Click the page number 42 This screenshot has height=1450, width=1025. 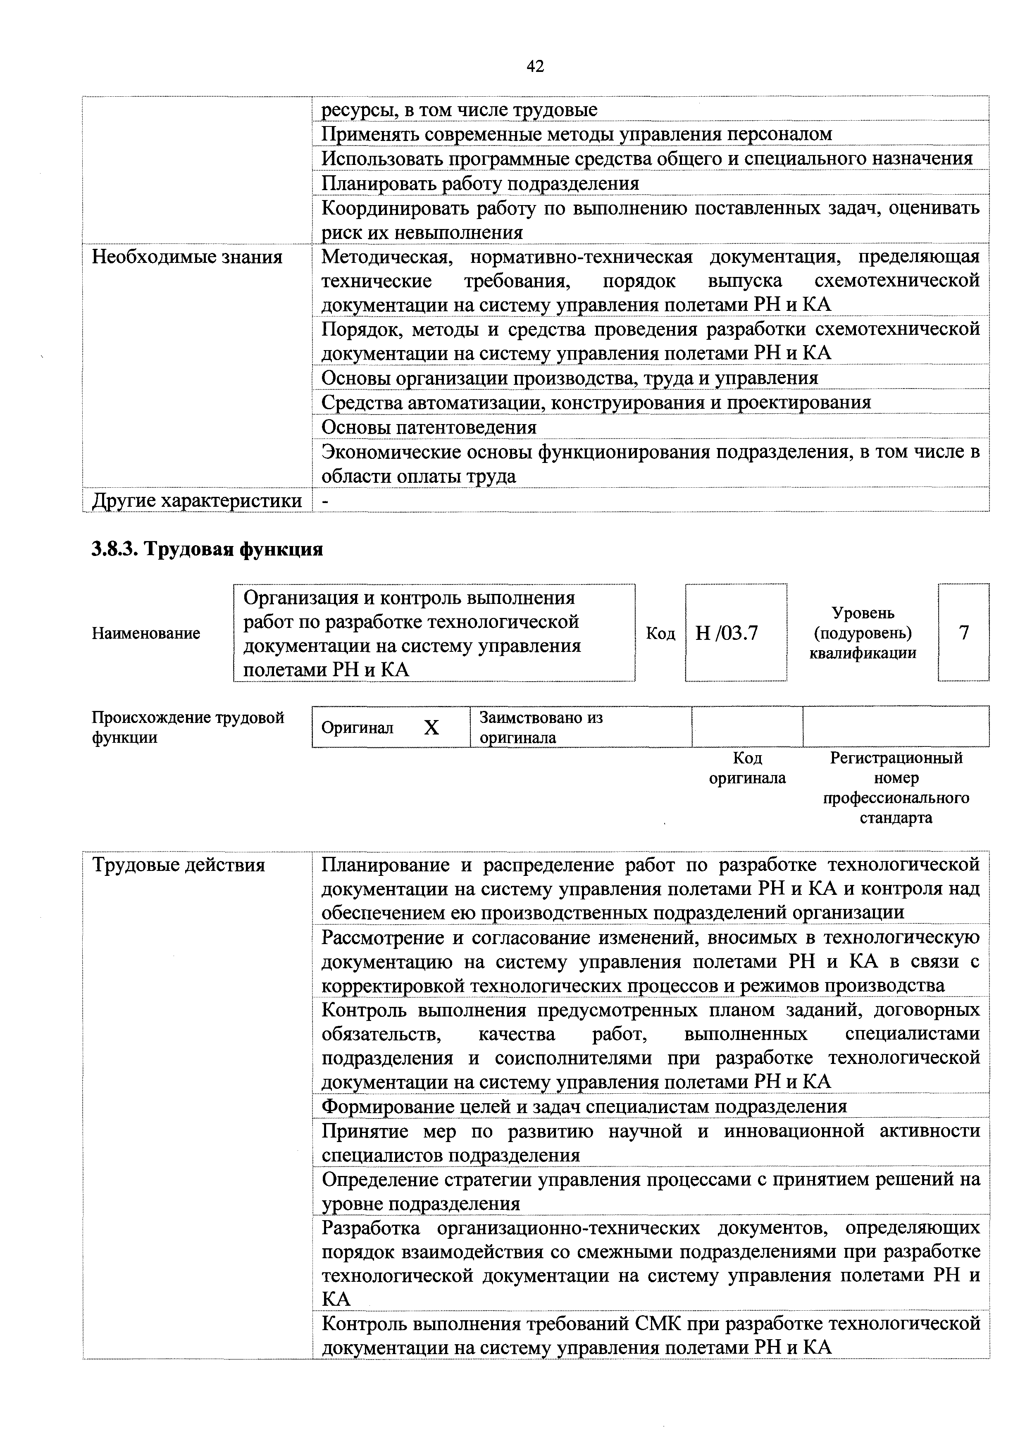coord(534,66)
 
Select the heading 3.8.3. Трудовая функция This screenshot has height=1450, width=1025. coord(207,549)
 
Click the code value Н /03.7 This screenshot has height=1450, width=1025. coord(726,633)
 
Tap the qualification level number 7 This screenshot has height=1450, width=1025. coord(964,633)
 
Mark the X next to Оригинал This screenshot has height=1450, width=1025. coord(431,728)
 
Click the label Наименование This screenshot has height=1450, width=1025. coord(146,633)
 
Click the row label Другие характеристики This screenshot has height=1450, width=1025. coord(197,501)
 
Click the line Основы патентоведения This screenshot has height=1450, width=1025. coord(429,427)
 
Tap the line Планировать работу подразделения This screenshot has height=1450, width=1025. coord(480,184)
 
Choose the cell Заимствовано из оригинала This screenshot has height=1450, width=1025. coord(541,727)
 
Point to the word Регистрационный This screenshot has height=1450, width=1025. coord(896,758)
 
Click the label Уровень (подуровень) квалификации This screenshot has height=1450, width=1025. coord(863,633)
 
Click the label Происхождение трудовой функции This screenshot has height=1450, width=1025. coord(188,727)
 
